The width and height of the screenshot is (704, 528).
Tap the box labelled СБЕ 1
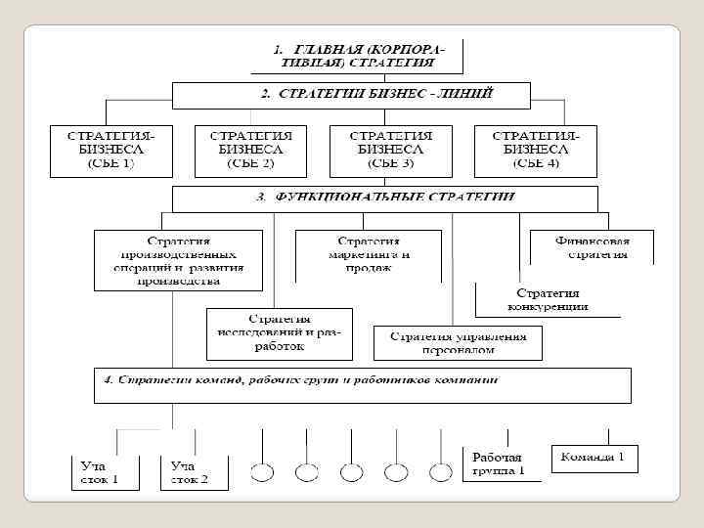coord(107,150)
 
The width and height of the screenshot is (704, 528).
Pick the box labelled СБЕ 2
coord(250,150)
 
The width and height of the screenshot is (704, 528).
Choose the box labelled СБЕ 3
coord(390,150)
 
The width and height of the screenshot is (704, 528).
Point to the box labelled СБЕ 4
coord(535,150)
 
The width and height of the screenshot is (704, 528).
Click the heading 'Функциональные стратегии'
coord(385,197)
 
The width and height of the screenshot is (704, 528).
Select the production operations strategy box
coord(179,260)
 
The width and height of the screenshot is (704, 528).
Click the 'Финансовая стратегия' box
coord(592,247)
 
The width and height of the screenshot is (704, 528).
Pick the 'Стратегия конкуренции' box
coord(548,300)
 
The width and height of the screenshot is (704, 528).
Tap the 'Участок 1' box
coord(101,472)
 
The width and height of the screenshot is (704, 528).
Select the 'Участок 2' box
coord(195,472)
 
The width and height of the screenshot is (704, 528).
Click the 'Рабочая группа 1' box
coord(499,463)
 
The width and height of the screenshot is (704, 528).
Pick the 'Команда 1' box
coord(594,458)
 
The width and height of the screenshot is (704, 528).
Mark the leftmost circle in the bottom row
coord(262,472)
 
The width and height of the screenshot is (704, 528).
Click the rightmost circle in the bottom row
coord(441,472)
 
